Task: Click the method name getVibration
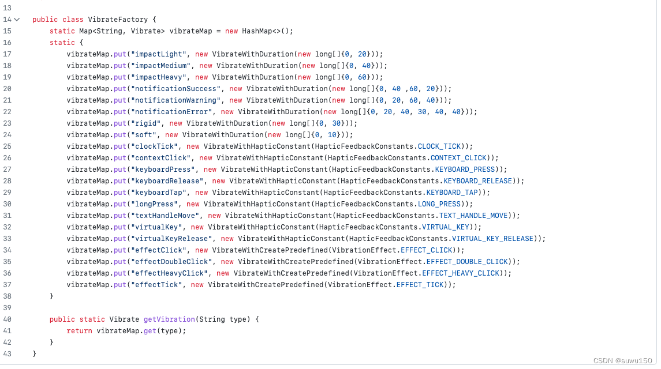[170, 319]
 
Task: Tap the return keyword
[79, 331]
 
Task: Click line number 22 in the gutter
[7, 112]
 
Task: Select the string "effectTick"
[156, 285]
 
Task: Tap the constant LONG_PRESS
[440, 204]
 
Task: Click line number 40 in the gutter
[7, 319]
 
